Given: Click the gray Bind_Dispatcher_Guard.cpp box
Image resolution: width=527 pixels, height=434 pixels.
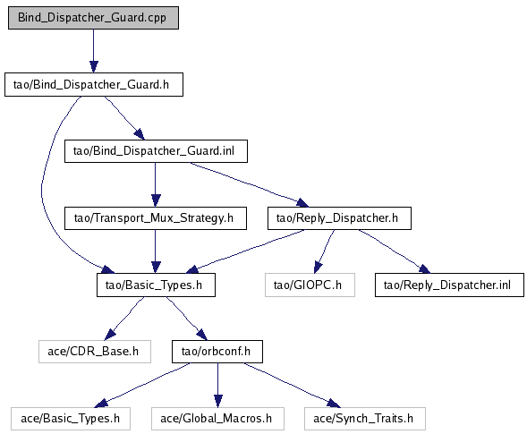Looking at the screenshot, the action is click(93, 18).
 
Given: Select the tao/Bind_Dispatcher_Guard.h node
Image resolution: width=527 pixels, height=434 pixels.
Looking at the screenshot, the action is click(94, 84).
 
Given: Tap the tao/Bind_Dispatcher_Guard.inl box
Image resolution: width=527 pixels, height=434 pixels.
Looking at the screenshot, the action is click(156, 151).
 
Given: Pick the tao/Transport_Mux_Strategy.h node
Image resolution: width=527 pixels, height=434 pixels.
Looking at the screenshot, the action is click(156, 218).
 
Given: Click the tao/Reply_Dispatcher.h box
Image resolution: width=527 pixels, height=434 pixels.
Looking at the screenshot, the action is click(339, 218).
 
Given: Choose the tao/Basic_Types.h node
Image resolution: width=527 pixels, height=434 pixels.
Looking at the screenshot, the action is click(156, 285).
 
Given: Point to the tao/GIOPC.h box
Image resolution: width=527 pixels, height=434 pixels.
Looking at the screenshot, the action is click(310, 285).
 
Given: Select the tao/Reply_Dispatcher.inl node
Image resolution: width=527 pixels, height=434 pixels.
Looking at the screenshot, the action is click(449, 285).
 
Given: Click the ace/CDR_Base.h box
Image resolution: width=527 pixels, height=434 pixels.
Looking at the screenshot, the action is click(95, 352).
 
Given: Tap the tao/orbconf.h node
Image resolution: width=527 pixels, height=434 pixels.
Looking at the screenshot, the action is click(217, 352).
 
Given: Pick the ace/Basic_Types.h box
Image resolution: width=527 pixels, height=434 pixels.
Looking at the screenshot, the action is click(71, 419).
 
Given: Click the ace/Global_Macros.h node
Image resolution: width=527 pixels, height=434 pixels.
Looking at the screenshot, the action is click(217, 419).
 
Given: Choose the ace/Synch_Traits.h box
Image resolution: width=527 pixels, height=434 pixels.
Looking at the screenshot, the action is click(365, 419).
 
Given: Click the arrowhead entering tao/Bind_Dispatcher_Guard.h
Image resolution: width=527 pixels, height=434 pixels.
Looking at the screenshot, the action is click(94, 66).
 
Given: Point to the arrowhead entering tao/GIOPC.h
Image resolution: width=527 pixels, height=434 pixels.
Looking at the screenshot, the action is click(318, 268).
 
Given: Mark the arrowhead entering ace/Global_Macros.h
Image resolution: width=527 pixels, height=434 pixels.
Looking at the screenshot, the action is click(218, 402).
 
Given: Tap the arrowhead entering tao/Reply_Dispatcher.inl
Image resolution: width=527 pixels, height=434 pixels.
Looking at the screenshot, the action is click(425, 269).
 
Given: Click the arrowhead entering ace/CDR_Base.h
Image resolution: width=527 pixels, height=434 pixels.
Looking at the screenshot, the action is click(110, 334).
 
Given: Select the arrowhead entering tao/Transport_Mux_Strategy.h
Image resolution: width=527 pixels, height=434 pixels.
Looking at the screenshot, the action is click(156, 200).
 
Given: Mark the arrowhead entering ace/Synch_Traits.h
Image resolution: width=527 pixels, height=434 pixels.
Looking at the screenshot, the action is click(334, 403).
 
